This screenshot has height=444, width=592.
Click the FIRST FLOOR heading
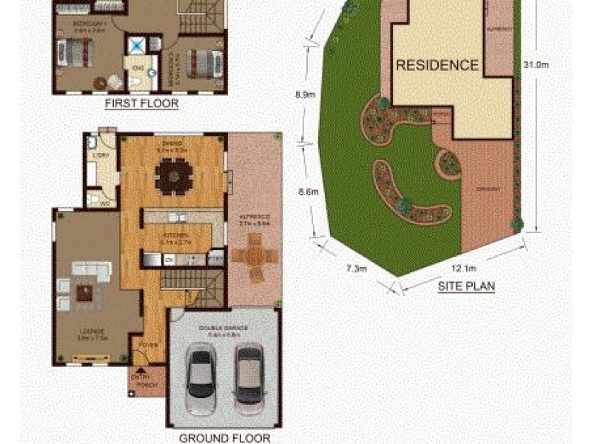pyautogui.click(x=141, y=104)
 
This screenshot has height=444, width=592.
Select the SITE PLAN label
pyautogui.click(x=466, y=284)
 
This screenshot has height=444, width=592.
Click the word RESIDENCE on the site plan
pyautogui.click(x=437, y=65)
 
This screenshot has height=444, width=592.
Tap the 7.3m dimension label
pyautogui.click(x=356, y=269)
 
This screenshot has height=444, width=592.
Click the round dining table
pyautogui.click(x=174, y=177)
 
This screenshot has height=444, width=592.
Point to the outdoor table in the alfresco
pyautogui.click(x=252, y=257)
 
